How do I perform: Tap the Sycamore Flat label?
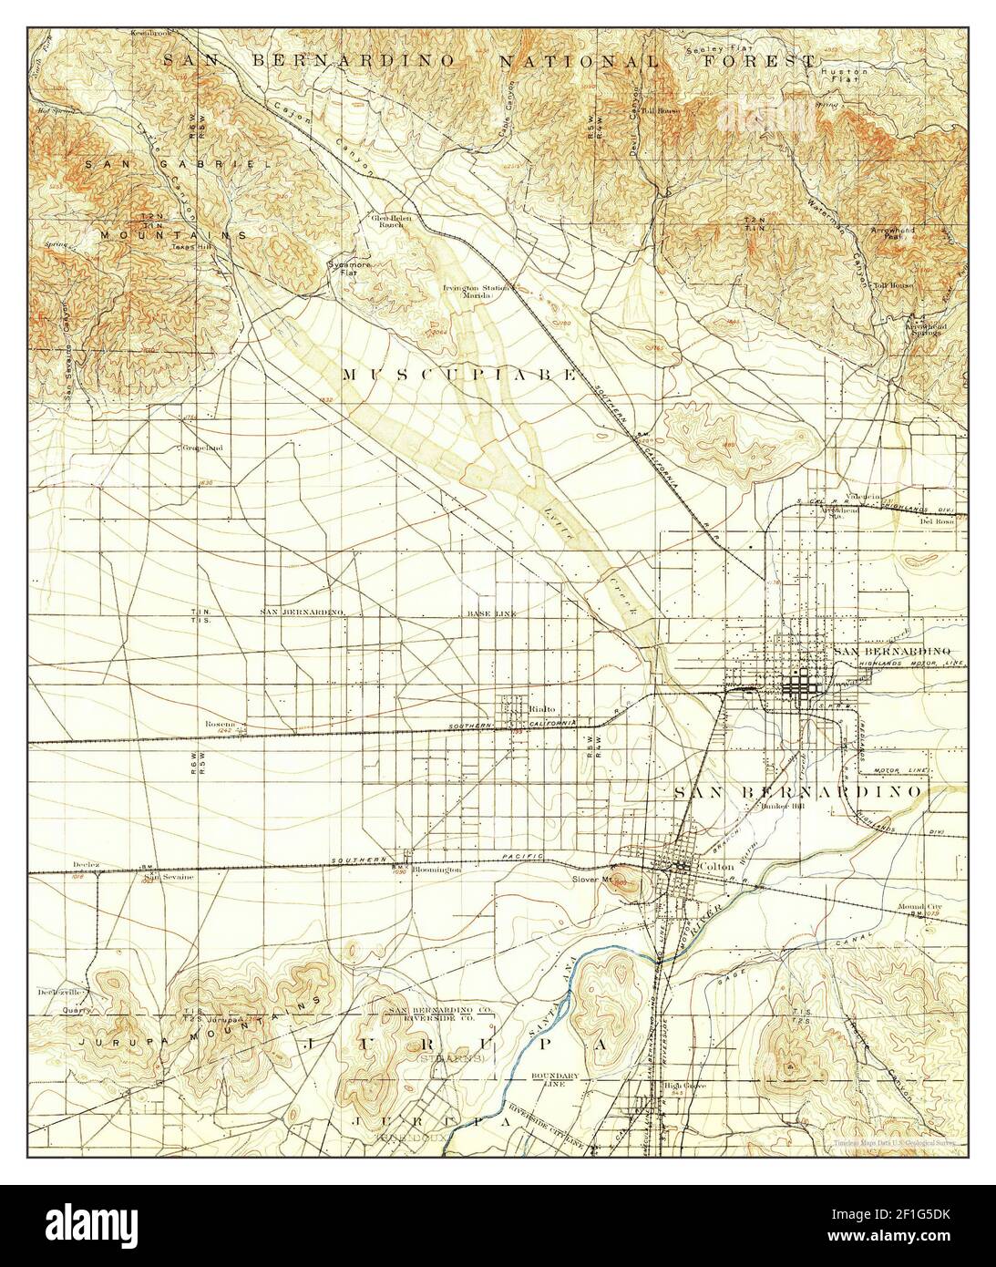coord(344,269)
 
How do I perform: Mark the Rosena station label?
coord(221,724)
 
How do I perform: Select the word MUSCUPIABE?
coord(459,374)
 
